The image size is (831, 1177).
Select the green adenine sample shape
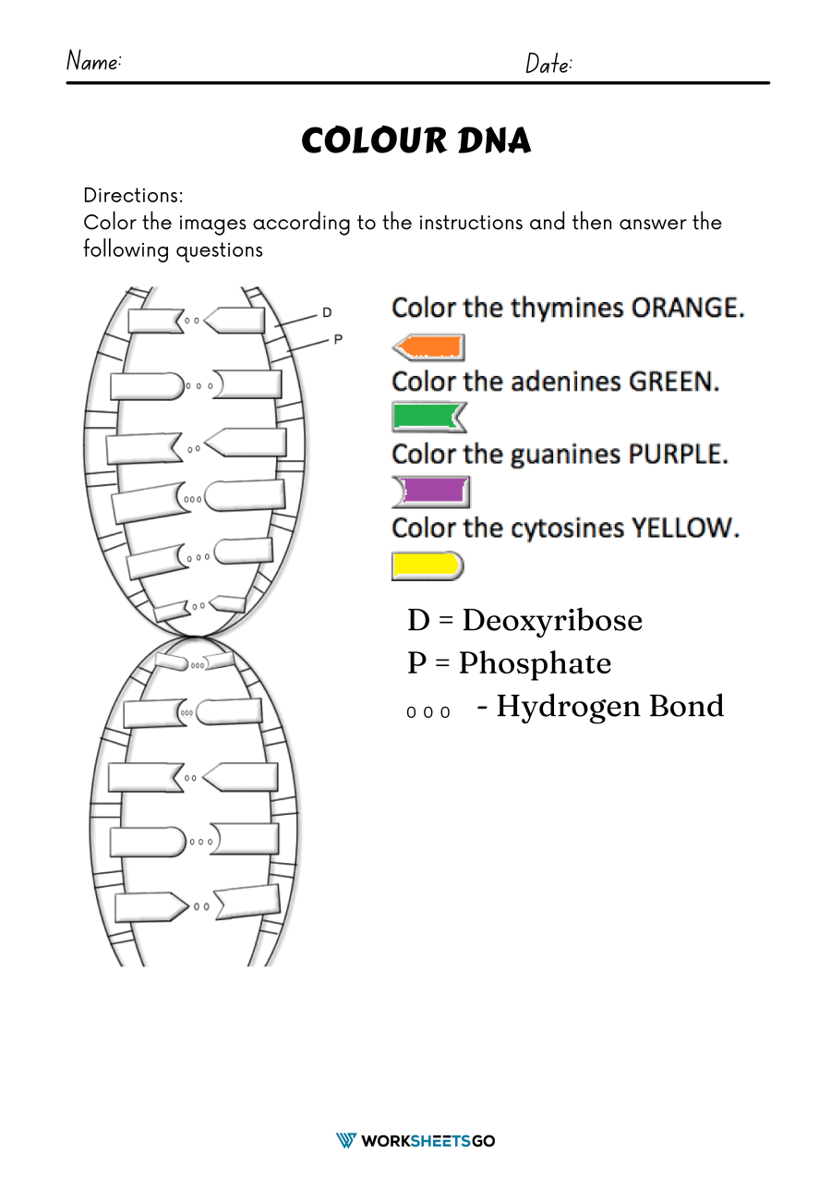tap(428, 417)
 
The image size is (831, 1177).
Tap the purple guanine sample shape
tap(431, 491)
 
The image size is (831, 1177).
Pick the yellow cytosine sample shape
tap(427, 565)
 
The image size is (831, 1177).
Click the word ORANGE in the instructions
tap(687, 308)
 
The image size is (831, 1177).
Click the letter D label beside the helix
tap(327, 313)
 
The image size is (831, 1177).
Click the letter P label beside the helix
tap(337, 339)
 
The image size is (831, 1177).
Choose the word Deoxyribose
tap(551, 620)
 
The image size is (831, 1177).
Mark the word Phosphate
tap(535, 663)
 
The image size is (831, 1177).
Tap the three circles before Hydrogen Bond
tap(429, 712)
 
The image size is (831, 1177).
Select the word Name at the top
tap(93, 62)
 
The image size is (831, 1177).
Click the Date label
tap(548, 64)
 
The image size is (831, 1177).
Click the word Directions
tap(133, 196)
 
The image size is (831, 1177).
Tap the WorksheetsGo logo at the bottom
tap(415, 1141)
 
